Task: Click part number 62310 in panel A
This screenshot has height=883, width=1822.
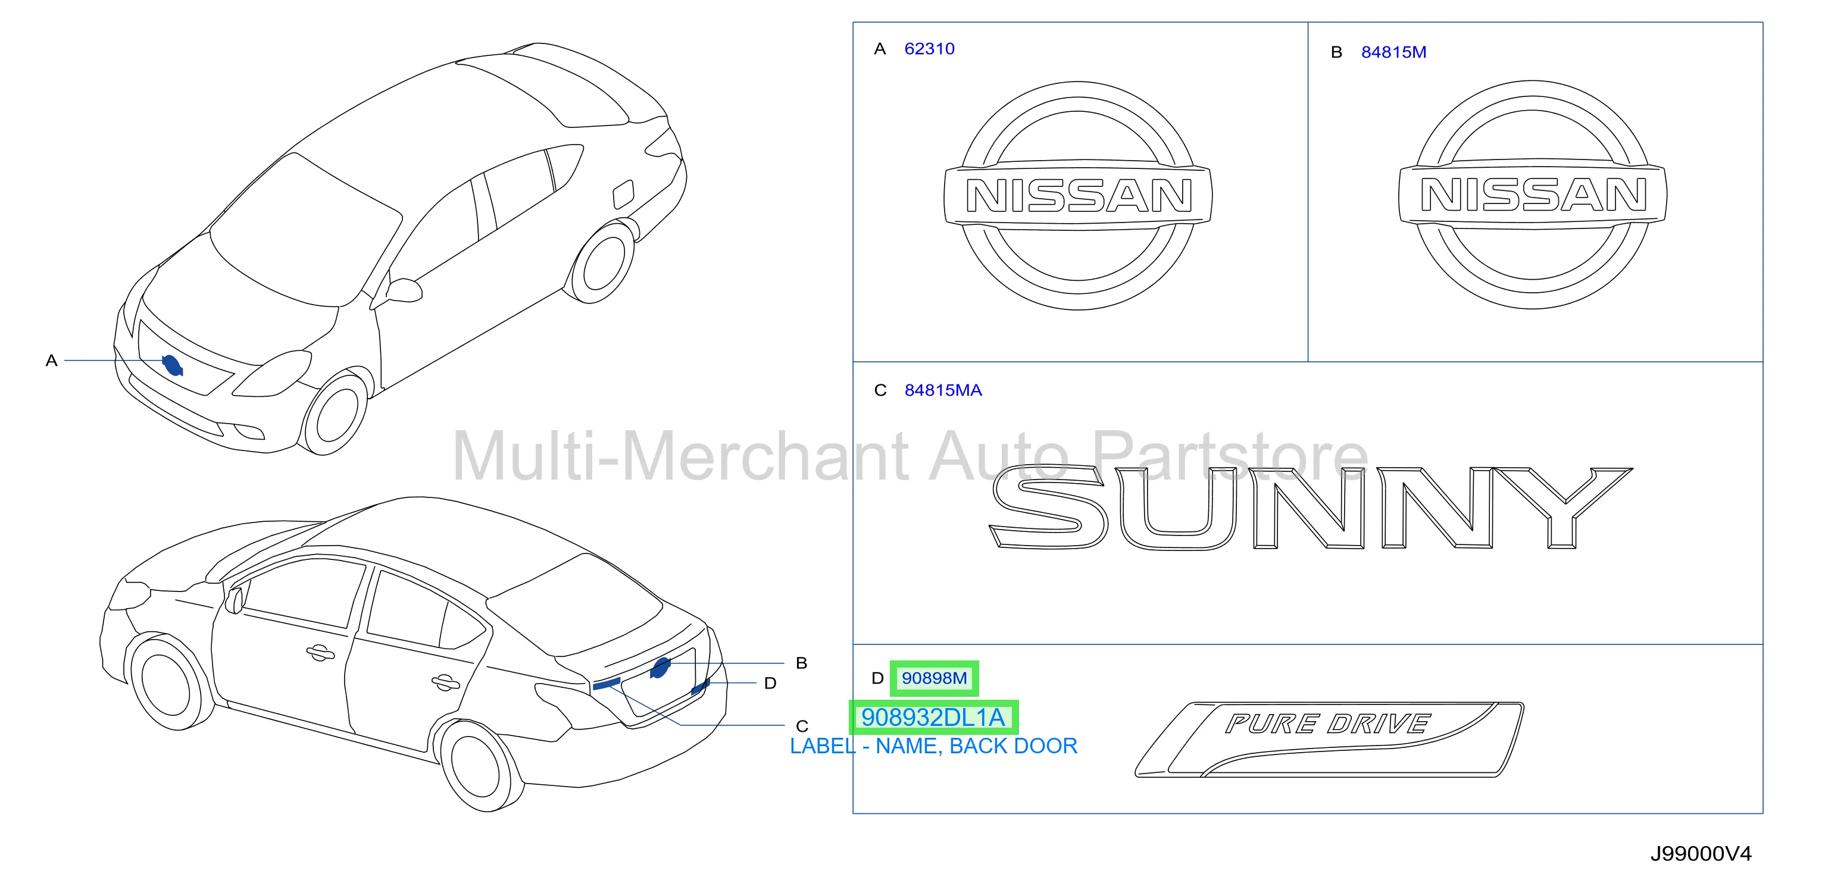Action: tap(929, 49)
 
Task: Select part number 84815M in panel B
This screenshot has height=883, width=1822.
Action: tap(1393, 52)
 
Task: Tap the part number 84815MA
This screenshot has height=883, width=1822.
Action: tap(943, 390)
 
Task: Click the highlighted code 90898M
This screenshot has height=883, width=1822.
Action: tap(934, 678)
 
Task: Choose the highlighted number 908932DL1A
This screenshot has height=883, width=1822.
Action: tap(933, 718)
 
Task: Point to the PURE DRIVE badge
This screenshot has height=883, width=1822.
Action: tap(1329, 740)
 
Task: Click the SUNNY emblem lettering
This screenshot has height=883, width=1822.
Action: tap(1311, 507)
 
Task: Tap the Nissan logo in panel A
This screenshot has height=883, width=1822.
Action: tap(1078, 195)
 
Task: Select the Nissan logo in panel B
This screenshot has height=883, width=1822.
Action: tap(1533, 194)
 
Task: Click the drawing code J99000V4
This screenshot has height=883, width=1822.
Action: tap(1701, 854)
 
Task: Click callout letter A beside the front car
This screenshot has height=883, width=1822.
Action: tap(51, 361)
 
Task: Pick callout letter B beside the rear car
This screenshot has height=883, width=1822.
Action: tap(801, 663)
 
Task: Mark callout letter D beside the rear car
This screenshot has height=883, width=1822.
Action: tap(770, 683)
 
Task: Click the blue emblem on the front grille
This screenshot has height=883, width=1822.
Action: tap(172, 365)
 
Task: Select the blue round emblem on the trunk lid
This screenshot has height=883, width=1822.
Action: tap(660, 668)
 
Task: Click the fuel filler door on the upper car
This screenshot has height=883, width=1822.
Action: tap(623, 194)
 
